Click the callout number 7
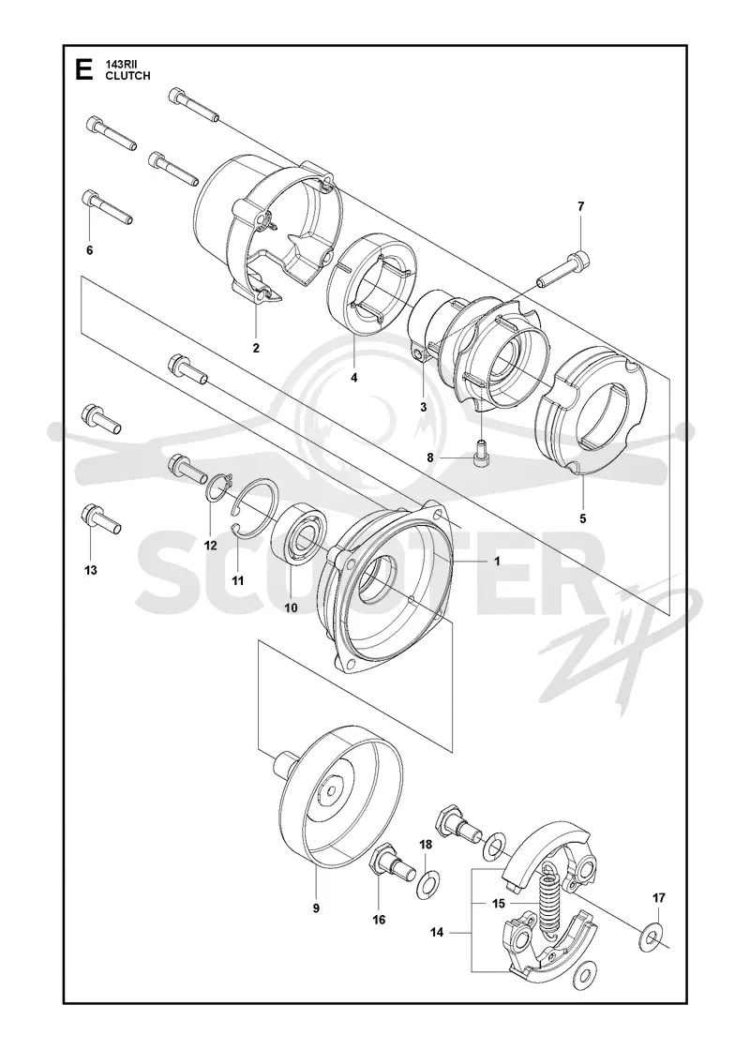(x=580, y=206)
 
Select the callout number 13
(x=90, y=570)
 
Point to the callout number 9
(x=316, y=908)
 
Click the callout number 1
(x=497, y=562)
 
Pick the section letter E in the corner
(x=83, y=69)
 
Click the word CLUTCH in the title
(x=127, y=76)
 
